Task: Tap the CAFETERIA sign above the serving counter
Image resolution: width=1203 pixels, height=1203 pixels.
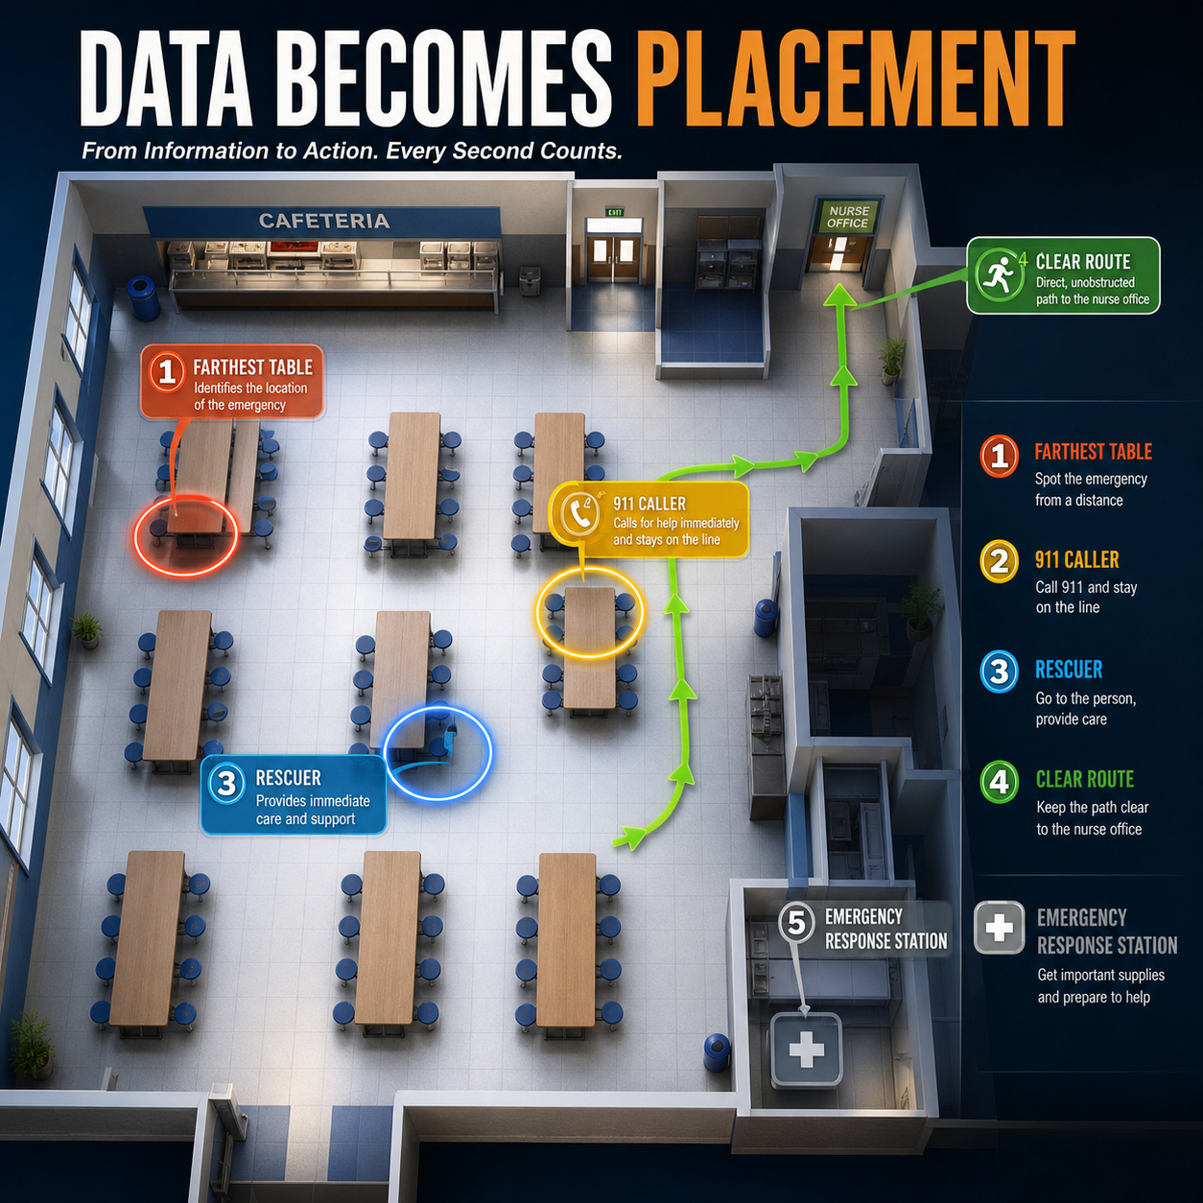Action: coord(324,221)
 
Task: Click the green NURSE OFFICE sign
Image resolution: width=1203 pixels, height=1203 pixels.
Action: coord(847,217)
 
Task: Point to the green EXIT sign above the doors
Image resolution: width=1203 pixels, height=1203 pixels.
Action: coord(614,212)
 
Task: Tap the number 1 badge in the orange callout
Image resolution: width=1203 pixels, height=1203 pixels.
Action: coord(167,372)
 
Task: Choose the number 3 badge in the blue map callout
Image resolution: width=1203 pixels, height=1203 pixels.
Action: coord(226,783)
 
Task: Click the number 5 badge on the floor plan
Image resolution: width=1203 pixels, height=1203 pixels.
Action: coord(796,923)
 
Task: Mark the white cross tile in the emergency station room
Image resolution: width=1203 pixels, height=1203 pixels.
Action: coord(807,1049)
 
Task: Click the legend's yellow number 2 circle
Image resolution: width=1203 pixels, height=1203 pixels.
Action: coord(999,561)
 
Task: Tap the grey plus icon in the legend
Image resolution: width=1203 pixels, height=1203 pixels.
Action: coord(999,928)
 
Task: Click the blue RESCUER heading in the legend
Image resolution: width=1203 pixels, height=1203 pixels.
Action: coord(1069,670)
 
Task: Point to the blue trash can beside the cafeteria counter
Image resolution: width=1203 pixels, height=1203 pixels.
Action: coord(142,297)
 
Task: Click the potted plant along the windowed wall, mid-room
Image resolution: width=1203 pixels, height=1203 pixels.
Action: coord(86,629)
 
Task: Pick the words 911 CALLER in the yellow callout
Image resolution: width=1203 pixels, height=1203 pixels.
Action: coord(649,504)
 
